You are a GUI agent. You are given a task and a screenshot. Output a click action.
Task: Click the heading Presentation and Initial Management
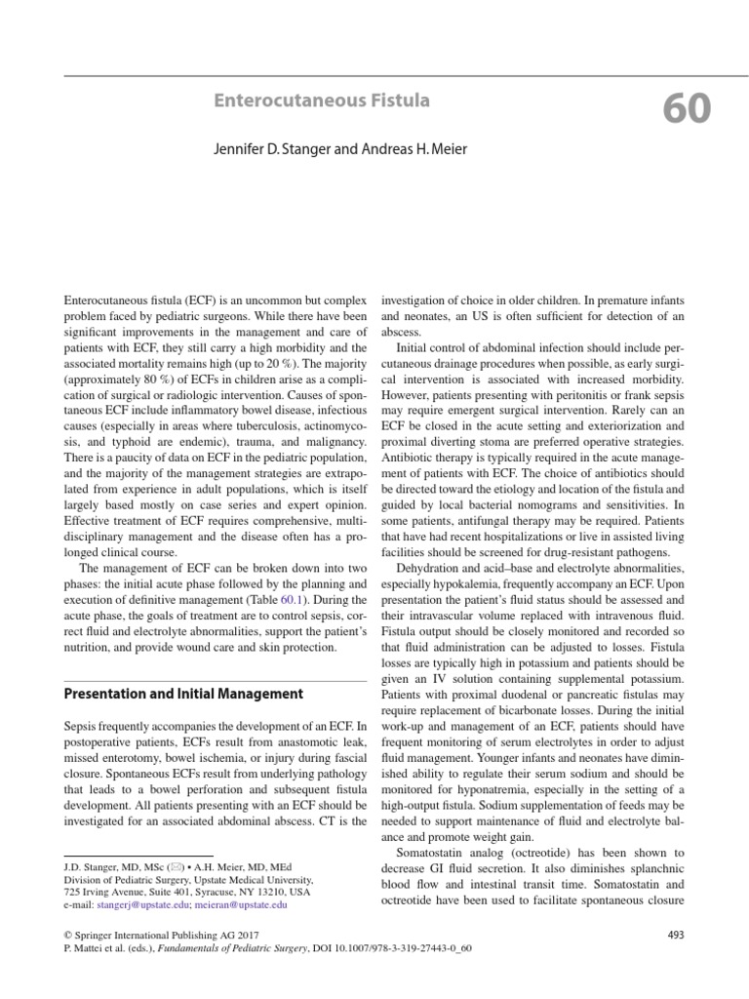click(x=183, y=694)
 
